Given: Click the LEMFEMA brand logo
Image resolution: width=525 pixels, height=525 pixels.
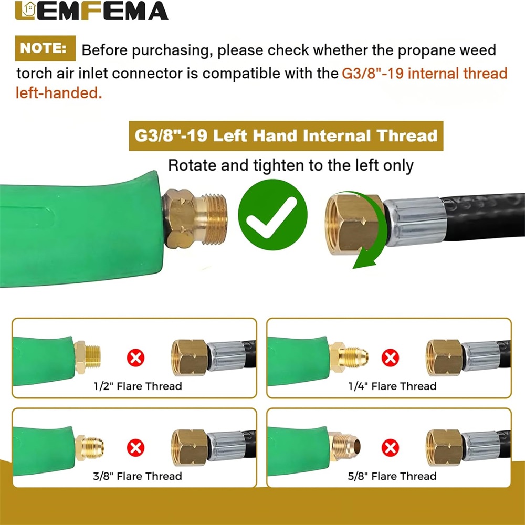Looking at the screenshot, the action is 91,10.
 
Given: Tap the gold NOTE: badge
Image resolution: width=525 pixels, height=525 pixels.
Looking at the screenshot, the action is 45,48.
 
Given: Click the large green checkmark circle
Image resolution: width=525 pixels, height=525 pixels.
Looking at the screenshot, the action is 272,215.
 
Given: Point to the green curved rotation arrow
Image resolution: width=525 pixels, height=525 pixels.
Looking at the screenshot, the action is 374,231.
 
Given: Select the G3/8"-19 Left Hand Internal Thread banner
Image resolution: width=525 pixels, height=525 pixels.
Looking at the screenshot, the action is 286,136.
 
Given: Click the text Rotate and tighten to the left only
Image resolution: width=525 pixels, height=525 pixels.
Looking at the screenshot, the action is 291,166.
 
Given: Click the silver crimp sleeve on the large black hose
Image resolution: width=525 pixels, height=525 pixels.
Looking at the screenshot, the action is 415,222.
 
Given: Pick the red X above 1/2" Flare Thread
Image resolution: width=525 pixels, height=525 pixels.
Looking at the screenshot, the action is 135,358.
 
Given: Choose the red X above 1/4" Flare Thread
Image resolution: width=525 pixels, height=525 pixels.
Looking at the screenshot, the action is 391,358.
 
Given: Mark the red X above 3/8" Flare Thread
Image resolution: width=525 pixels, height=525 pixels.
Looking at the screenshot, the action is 135,448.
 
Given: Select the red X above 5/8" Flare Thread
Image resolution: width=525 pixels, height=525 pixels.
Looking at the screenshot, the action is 391,448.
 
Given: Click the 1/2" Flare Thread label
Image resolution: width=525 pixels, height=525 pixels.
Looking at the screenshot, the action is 138,386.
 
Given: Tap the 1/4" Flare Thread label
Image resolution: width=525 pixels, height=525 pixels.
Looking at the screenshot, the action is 392,386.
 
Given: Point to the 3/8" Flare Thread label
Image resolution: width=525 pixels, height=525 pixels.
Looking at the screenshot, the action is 138,476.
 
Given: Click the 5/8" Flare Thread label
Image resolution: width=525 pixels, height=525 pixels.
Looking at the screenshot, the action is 392,476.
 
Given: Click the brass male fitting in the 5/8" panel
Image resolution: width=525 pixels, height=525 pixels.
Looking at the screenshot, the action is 344,446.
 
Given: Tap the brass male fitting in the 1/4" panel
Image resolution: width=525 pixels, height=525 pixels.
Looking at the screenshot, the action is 349,357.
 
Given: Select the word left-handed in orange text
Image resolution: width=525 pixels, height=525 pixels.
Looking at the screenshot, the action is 59,93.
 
